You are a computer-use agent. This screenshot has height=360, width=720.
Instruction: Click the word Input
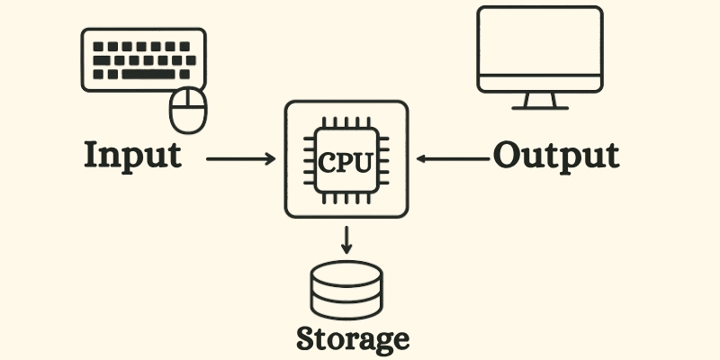coord(132,155)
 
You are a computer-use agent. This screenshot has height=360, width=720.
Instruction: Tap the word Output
coord(555,155)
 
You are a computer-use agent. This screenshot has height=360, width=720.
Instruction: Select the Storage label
coord(353,339)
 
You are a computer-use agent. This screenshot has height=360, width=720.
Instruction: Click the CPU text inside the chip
coord(346,161)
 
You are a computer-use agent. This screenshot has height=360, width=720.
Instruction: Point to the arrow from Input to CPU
coord(240,159)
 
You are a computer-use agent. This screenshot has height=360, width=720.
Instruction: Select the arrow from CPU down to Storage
coord(346,238)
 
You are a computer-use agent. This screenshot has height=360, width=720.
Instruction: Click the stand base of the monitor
coord(539,105)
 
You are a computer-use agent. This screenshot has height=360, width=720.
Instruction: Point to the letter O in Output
coord(508,155)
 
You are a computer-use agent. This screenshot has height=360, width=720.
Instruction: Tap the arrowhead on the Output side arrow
coord(421,159)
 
